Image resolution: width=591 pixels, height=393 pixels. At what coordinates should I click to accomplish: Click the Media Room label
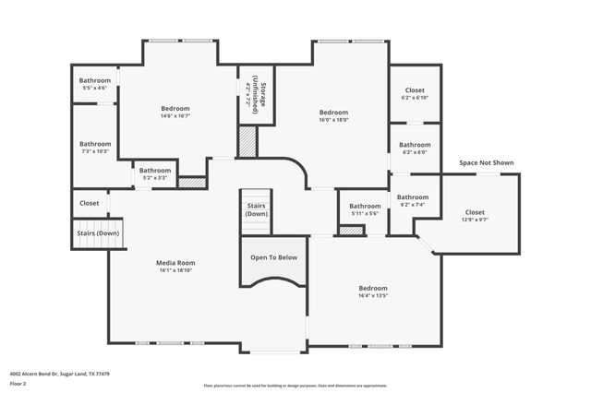click(x=175, y=263)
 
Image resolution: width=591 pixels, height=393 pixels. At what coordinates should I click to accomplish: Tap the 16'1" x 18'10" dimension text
click(x=175, y=270)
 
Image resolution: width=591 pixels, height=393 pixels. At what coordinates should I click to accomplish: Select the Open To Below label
click(x=273, y=257)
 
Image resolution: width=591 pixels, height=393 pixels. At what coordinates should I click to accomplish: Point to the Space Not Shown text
click(x=486, y=163)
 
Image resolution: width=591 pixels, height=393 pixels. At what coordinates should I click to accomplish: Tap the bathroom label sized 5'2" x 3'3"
click(x=155, y=173)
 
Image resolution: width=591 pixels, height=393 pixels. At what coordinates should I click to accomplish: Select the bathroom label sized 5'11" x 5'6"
click(x=365, y=209)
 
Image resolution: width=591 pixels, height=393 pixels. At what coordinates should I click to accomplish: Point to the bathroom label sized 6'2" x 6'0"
click(x=415, y=149)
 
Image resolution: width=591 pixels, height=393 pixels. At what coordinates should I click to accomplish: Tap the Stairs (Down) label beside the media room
click(x=97, y=233)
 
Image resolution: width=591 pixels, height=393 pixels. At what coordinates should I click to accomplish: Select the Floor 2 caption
click(x=18, y=383)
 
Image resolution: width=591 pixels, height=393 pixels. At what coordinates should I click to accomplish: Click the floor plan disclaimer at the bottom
click(x=295, y=386)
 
